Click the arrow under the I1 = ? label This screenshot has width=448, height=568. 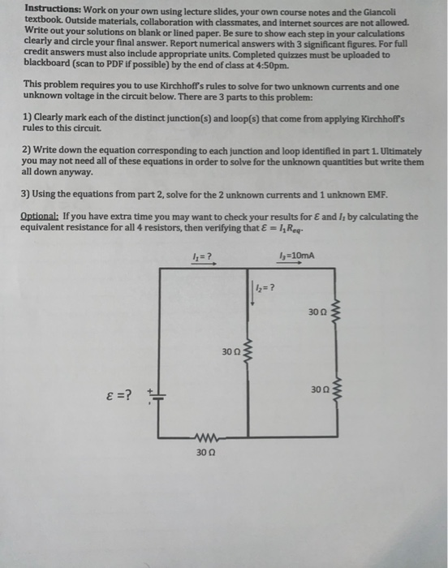point(203,264)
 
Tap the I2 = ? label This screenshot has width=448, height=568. point(266,289)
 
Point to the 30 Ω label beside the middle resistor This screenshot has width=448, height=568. point(230,352)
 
